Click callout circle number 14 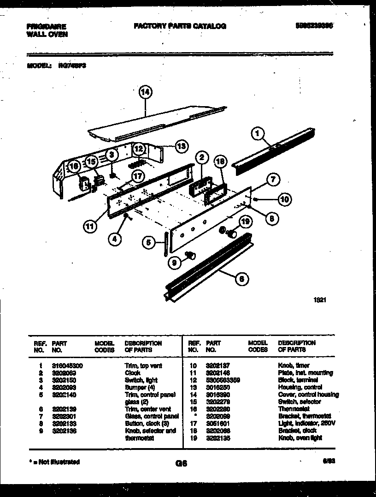point(145,92)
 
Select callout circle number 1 point(258,134)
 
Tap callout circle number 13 point(182,146)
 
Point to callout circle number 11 point(90,226)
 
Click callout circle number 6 point(242,278)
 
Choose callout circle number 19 point(245,222)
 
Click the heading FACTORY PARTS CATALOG point(180,26)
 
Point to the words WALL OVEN point(47,34)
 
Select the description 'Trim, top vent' point(143,365)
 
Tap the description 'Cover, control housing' point(308,395)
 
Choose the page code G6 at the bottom point(181,464)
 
